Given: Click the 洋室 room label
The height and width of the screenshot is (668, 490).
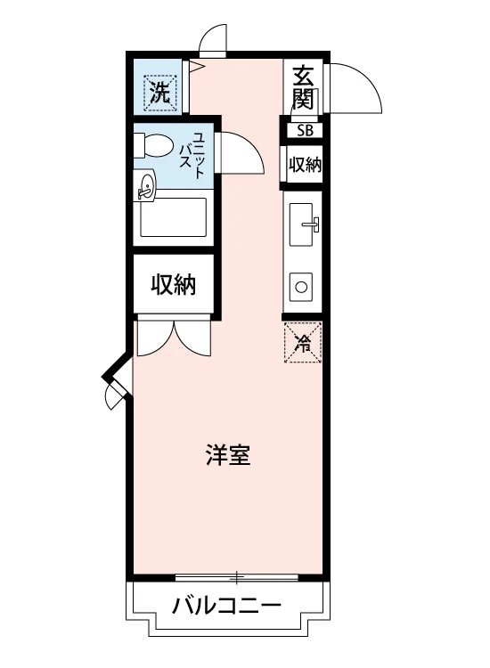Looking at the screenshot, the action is click(228, 455).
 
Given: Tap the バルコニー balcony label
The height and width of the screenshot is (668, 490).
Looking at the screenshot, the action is click(226, 605).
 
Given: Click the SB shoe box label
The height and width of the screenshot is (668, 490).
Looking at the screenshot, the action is click(305, 130).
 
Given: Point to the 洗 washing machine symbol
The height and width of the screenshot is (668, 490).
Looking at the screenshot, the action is click(160, 93).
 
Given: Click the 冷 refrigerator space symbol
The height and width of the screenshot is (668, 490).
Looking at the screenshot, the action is click(303, 343).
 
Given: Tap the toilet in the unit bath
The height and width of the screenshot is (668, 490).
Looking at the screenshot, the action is click(153, 145).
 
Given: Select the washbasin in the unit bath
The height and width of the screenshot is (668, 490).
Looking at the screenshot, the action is click(145, 186).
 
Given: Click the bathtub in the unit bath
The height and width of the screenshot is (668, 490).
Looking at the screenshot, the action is click(174, 217).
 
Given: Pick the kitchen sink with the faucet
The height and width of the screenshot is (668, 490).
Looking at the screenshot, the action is click(302, 224).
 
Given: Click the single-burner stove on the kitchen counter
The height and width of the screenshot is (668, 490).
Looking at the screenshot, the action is click(301, 287).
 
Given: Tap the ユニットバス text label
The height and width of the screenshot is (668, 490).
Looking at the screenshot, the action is click(192, 155).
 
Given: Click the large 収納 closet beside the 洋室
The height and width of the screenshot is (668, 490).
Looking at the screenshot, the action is click(174, 284).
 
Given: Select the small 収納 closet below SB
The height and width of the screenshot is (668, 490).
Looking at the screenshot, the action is click(304, 165).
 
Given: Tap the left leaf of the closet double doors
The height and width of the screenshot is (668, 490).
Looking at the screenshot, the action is click(155, 338).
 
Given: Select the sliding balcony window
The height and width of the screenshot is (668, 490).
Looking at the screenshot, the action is click(237, 578).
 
